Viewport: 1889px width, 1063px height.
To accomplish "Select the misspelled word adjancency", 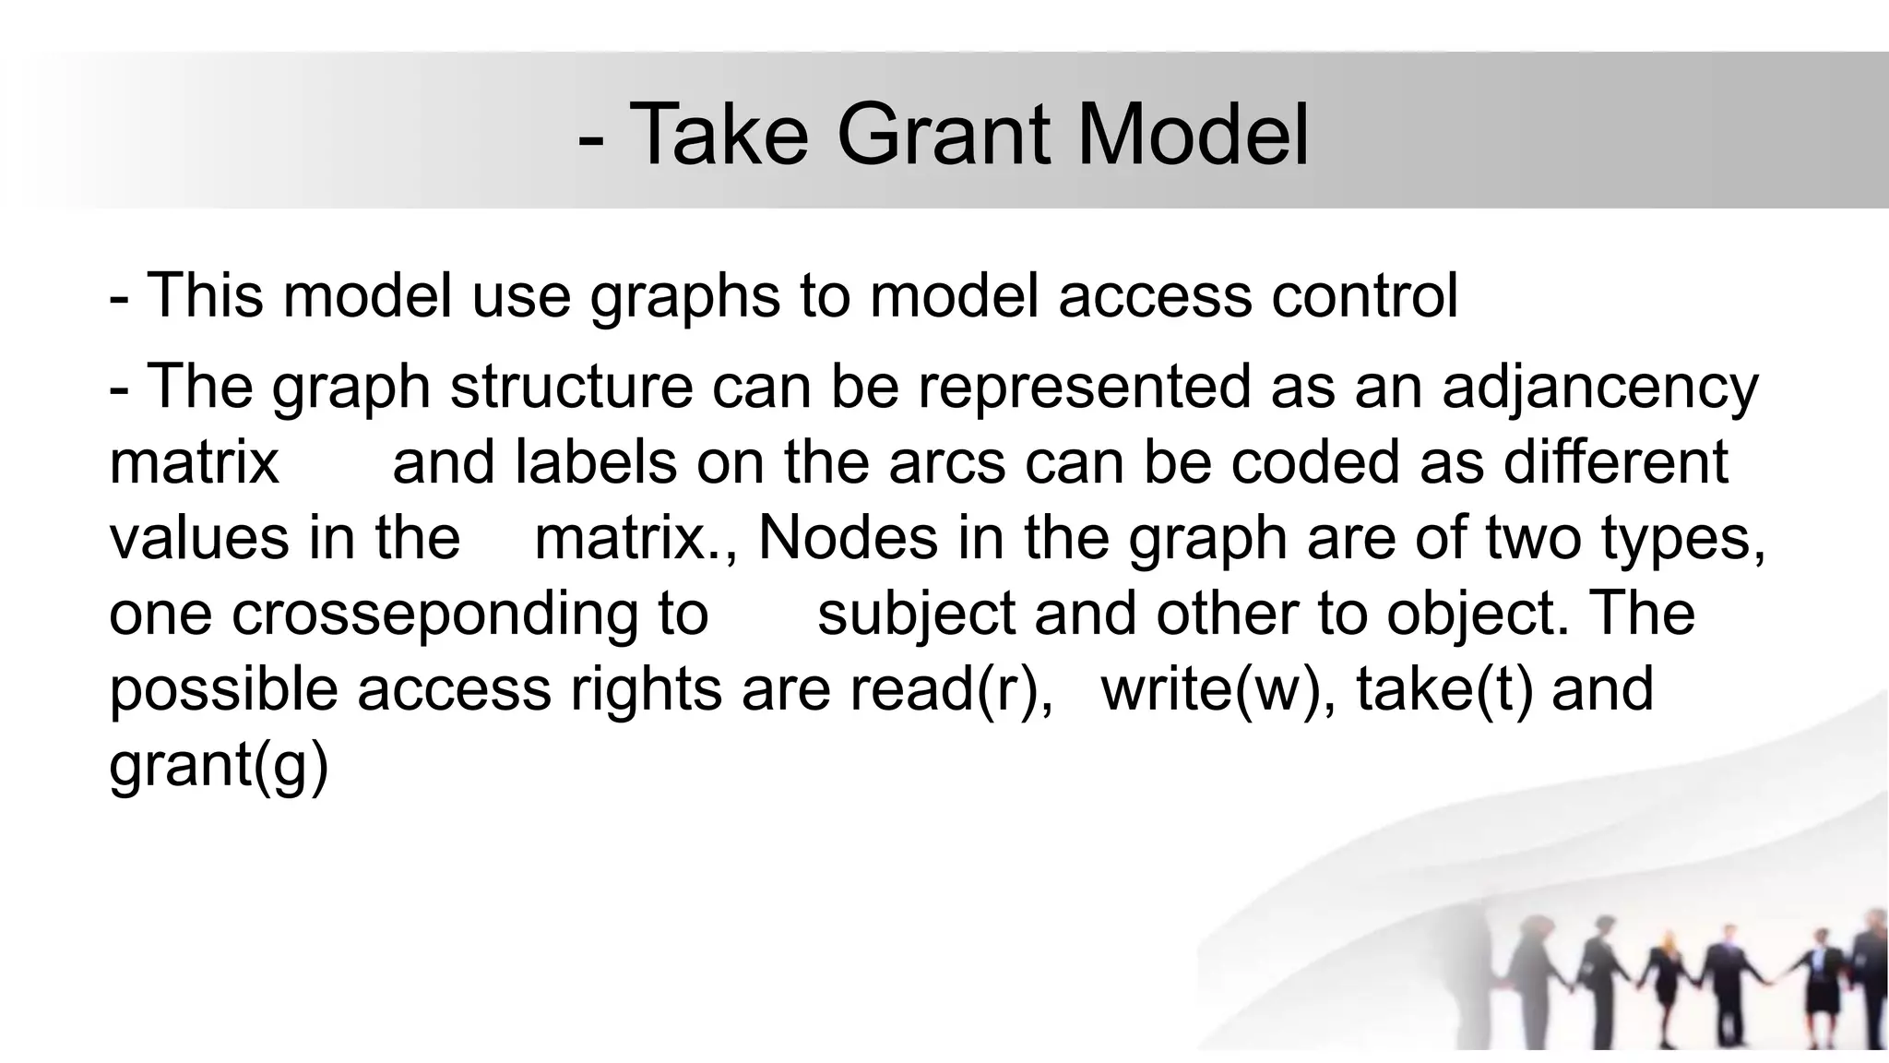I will pos(1599,388).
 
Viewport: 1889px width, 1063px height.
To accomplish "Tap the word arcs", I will pos(946,461).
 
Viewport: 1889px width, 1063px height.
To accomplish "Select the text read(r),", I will pos(951,689).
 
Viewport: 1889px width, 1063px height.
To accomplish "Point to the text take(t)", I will pos(1444,689).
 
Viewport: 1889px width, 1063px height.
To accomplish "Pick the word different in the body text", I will pos(1615,461).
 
